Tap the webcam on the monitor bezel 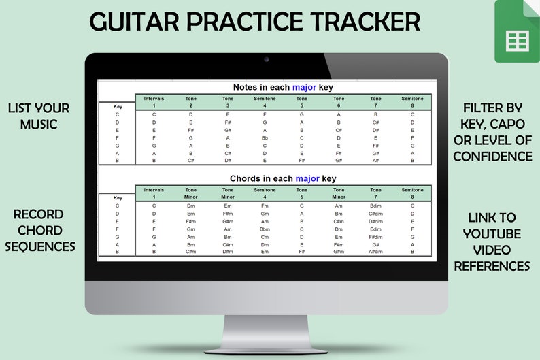[266, 60]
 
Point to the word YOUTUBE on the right [492, 233]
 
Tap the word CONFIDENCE [492, 157]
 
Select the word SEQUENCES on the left [40, 246]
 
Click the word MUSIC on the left [39, 124]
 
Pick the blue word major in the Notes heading [304, 87]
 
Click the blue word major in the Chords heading [307, 178]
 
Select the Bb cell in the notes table [265, 137]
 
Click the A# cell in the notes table [375, 161]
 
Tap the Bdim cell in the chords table [375, 206]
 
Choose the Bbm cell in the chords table [265, 229]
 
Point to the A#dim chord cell [375, 252]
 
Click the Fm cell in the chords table [265, 206]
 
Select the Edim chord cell [375, 229]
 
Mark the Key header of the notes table [117, 107]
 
